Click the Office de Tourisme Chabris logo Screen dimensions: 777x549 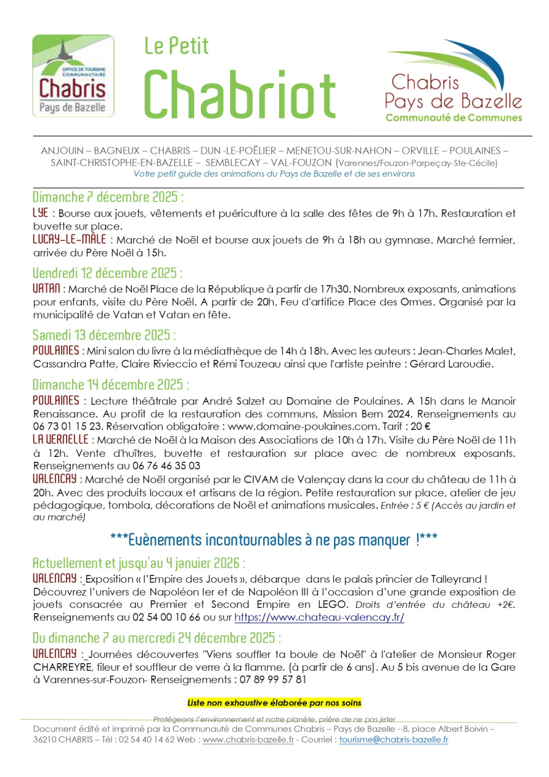[x=73, y=76]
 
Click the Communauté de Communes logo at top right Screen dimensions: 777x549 [x=453, y=81]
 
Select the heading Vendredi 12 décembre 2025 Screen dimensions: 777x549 [x=107, y=272]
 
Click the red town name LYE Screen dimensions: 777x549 [x=40, y=213]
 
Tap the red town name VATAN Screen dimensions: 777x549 [x=46, y=288]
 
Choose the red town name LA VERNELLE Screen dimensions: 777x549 [x=62, y=440]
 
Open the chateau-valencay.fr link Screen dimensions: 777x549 [x=319, y=618]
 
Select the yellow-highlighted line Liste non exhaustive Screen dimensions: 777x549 [x=274, y=703]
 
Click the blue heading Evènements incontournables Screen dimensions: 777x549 [x=274, y=540]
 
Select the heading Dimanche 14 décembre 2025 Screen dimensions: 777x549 [x=110, y=385]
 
